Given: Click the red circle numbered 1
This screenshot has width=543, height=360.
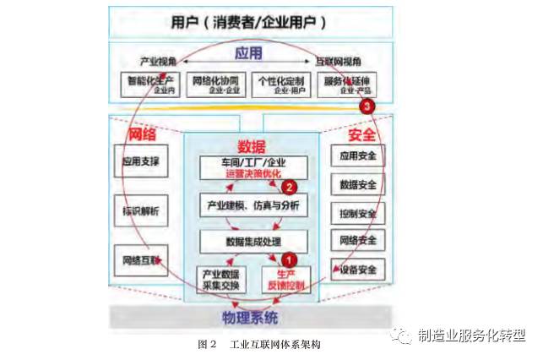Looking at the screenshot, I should pyautogui.click(x=290, y=261).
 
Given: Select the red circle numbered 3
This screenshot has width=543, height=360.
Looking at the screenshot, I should pyautogui.click(x=367, y=106).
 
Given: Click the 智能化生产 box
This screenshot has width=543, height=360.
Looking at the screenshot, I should pyautogui.click(x=149, y=85).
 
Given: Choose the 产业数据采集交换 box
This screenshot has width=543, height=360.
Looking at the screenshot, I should pyautogui.click(x=221, y=280).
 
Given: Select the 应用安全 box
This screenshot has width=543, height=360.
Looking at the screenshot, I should pyautogui.click(x=357, y=155).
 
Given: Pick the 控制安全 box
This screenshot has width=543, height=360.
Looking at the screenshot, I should pyautogui.click(x=357, y=212).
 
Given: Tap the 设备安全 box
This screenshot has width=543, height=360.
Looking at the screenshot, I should pyautogui.click(x=357, y=270).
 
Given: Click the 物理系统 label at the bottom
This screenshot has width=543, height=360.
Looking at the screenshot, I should pyautogui.click(x=249, y=317).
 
